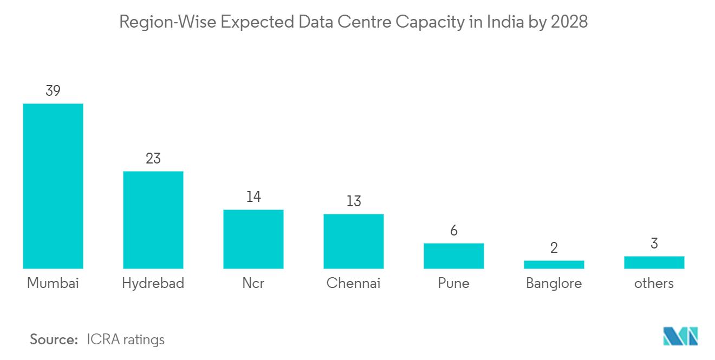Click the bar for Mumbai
(53, 186)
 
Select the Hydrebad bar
(153, 220)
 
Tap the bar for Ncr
(253, 239)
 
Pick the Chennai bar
(353, 241)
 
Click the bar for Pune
(453, 256)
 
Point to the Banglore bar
(554, 264)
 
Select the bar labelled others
(654, 262)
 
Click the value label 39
(53, 91)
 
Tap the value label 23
(153, 159)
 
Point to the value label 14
(253, 197)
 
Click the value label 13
(353, 201)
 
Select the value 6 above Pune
(453, 231)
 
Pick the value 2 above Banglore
(554, 248)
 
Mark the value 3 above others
(654, 244)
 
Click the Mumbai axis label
(53, 283)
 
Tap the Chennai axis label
(353, 283)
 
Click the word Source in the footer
(54, 339)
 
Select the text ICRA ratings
(125, 339)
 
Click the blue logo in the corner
(680, 336)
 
